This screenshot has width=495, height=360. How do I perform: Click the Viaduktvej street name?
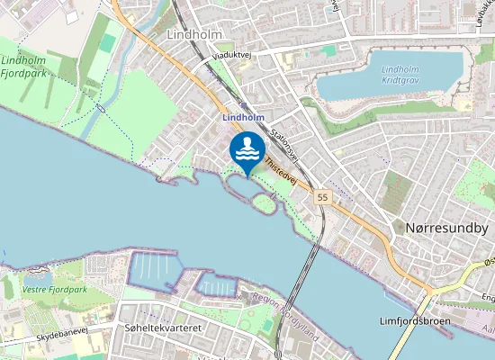tap(234, 55)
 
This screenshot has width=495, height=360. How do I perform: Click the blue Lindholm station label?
tap(243, 117)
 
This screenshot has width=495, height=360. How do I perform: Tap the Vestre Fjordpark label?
tap(56, 290)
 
